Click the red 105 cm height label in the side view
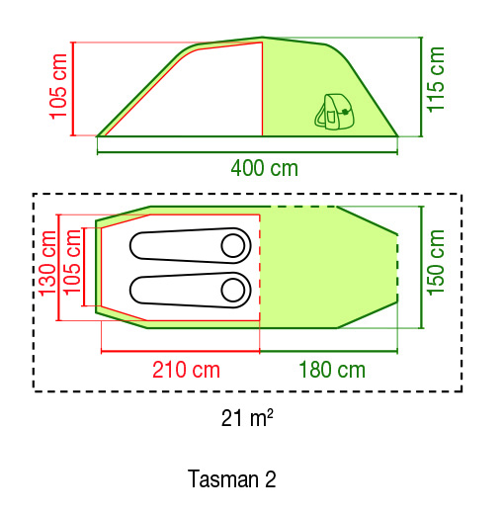[x=58, y=86]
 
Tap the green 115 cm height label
[x=436, y=79]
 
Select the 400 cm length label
[x=264, y=168]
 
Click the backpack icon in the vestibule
[x=333, y=112]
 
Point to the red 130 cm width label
[x=48, y=264]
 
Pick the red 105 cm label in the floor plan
[x=71, y=262]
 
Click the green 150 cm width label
[x=436, y=262]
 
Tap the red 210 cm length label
[x=186, y=370]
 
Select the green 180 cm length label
[x=332, y=370]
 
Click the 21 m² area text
[x=247, y=418]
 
